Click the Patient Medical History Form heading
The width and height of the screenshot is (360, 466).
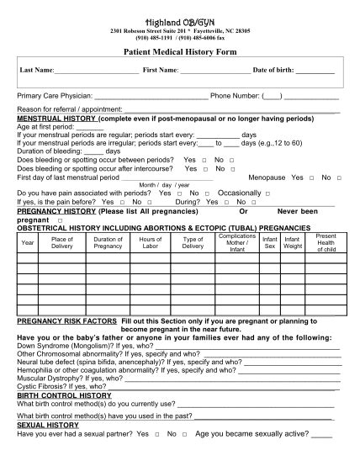[x=180, y=51]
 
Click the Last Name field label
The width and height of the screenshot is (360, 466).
[x=36, y=69]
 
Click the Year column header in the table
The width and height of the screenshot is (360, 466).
[x=28, y=242]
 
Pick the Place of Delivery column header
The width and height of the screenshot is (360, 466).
[x=62, y=242]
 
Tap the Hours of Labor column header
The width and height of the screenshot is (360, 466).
[x=150, y=242]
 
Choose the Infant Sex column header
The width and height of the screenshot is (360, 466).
[x=270, y=242]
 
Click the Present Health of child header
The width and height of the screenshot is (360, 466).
[x=325, y=242]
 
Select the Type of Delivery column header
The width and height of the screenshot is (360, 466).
[x=193, y=242]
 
